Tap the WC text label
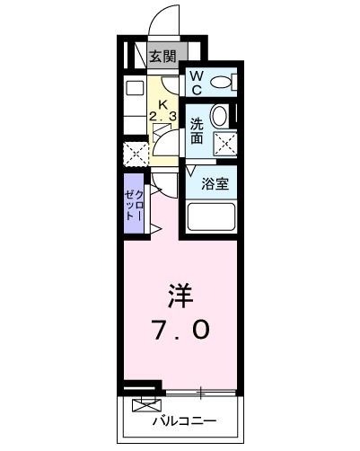pyautogui.click(x=196, y=83)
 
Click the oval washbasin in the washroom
pyautogui.click(x=218, y=116)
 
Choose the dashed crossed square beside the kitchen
pyautogui.click(x=136, y=152)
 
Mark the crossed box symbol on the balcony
pyautogui.click(x=143, y=405)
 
